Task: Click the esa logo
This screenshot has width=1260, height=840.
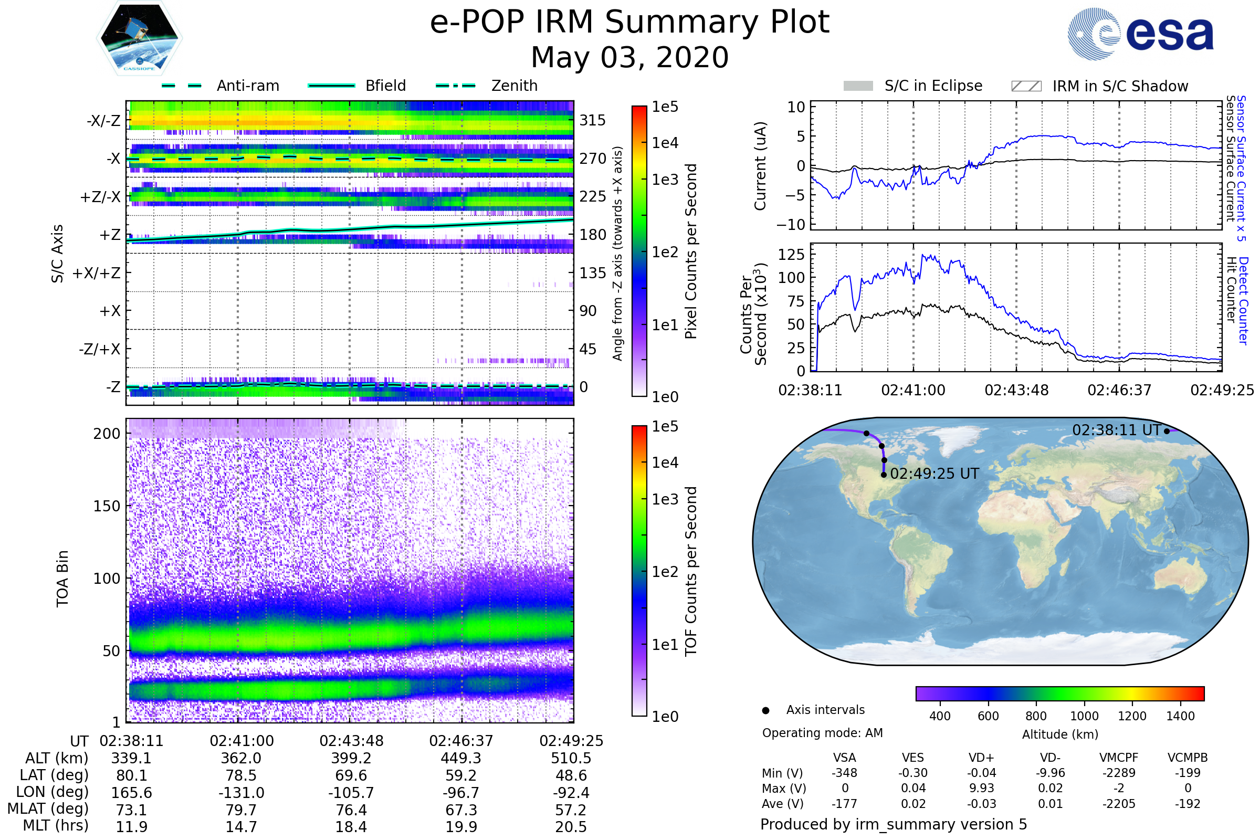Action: [1140, 34]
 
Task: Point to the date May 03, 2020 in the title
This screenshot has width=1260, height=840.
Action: [629, 57]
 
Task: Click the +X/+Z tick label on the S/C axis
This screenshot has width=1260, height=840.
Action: [97, 273]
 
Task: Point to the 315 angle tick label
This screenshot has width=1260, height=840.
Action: [593, 120]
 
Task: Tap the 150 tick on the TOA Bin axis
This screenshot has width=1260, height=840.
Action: [107, 506]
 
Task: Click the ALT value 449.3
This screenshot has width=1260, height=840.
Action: [461, 758]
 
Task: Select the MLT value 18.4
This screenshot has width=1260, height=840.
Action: [351, 826]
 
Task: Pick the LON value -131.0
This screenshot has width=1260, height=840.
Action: [241, 792]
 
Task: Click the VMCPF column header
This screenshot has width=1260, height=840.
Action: [1119, 758]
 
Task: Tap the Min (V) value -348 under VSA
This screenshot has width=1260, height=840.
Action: [844, 773]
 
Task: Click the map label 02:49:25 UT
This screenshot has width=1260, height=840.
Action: [934, 474]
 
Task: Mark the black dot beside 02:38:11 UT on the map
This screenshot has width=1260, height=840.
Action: [1167, 431]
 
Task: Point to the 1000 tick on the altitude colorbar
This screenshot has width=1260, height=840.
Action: [1084, 716]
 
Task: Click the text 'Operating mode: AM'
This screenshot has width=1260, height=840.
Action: [822, 733]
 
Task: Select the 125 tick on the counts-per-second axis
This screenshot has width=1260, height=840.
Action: [791, 255]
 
